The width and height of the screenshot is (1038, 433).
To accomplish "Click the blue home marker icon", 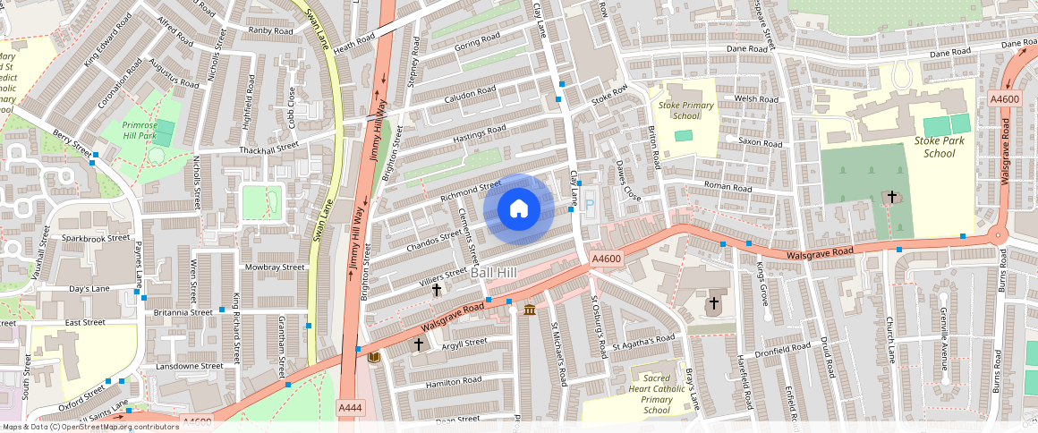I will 518,209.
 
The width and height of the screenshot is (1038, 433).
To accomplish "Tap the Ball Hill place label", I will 493,272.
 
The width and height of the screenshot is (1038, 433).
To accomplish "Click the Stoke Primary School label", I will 685,110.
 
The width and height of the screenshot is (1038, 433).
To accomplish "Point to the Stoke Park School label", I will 934,147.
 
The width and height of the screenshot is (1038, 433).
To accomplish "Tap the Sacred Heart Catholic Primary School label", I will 657,394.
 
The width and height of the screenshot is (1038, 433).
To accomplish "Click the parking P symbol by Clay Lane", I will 589,205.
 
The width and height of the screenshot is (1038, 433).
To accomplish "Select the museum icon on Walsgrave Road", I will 530,310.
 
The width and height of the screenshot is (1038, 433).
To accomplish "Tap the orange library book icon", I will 374,358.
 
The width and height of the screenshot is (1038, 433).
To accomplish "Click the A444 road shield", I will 350,408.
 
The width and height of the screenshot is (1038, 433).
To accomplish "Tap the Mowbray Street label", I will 275,267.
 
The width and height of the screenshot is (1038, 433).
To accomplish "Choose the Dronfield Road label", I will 782,346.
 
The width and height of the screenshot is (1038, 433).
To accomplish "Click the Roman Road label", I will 727,188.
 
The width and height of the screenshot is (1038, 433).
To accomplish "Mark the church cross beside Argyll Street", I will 418,344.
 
